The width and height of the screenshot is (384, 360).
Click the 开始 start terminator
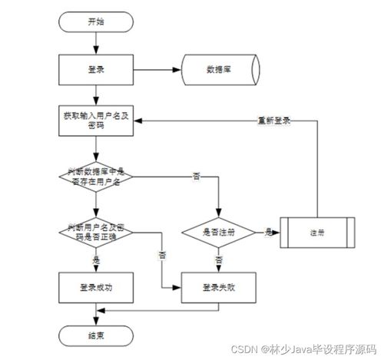[96, 21]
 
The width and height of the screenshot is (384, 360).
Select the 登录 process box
[96, 70]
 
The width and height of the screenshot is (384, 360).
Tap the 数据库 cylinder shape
[219, 70]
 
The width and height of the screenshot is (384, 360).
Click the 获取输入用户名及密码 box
[96, 121]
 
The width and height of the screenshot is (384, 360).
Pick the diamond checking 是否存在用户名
[96, 176]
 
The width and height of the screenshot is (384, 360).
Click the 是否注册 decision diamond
[219, 231]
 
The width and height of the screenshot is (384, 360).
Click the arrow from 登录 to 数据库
[157, 70]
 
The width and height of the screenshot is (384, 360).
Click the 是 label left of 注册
[268, 230]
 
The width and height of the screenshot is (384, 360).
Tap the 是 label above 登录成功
[96, 260]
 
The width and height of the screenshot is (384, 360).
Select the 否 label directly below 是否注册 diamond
[219, 260]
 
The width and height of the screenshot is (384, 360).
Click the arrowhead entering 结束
[96, 320]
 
